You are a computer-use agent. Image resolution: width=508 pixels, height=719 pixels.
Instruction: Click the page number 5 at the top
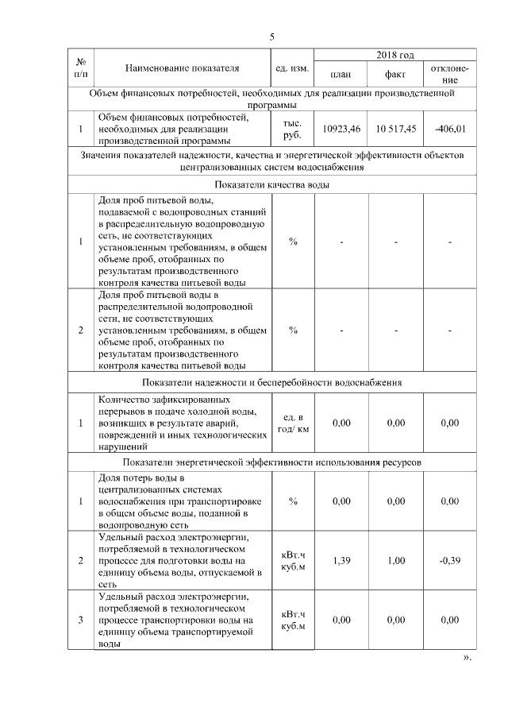(x=271, y=37)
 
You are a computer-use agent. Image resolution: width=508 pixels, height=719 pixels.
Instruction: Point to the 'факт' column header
(x=395, y=75)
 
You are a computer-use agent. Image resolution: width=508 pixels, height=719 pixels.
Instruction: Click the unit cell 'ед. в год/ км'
(x=293, y=423)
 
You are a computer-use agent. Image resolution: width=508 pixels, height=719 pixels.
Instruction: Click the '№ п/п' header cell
(x=81, y=68)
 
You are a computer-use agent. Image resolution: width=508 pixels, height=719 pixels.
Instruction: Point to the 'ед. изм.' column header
(x=293, y=68)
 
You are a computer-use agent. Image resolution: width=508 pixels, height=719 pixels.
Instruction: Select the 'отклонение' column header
(x=449, y=75)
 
